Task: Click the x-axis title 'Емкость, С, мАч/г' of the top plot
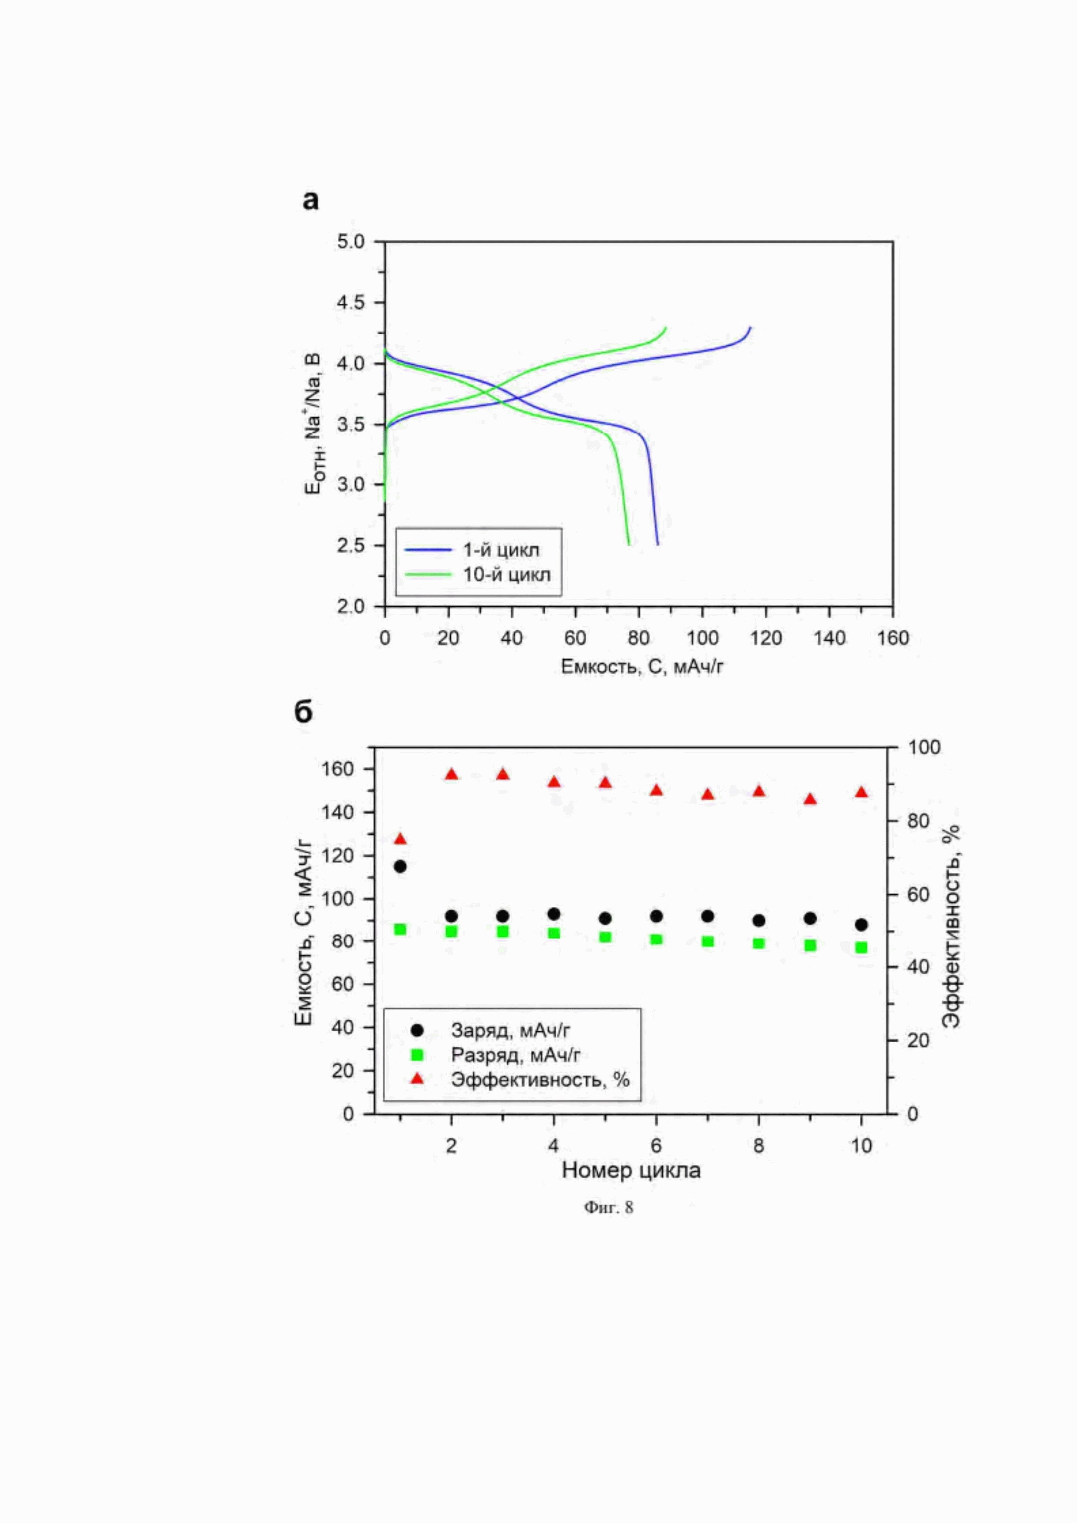(642, 667)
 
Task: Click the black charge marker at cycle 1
(400, 866)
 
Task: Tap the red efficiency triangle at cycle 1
(400, 839)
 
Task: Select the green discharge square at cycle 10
(861, 947)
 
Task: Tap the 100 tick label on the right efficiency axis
(924, 747)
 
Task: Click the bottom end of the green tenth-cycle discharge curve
(628, 545)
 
